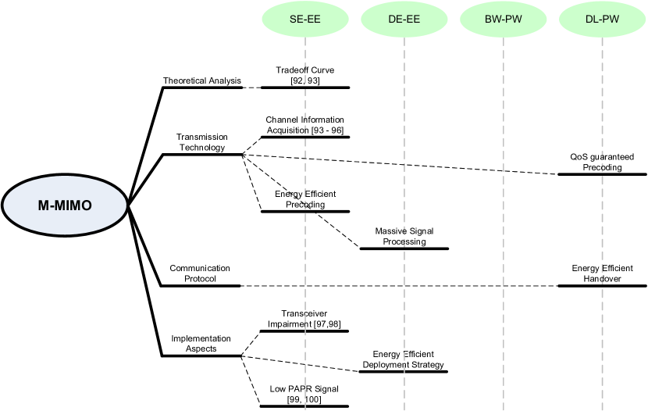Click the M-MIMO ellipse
(x=65, y=206)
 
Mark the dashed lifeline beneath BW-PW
(x=504, y=234)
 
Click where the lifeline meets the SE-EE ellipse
(x=305, y=38)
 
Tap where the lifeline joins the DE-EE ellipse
(x=404, y=38)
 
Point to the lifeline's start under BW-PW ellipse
(x=504, y=38)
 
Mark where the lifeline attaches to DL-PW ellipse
(x=602, y=38)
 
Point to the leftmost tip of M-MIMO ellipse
(x=5, y=206)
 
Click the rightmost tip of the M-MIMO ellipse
(x=125, y=206)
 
